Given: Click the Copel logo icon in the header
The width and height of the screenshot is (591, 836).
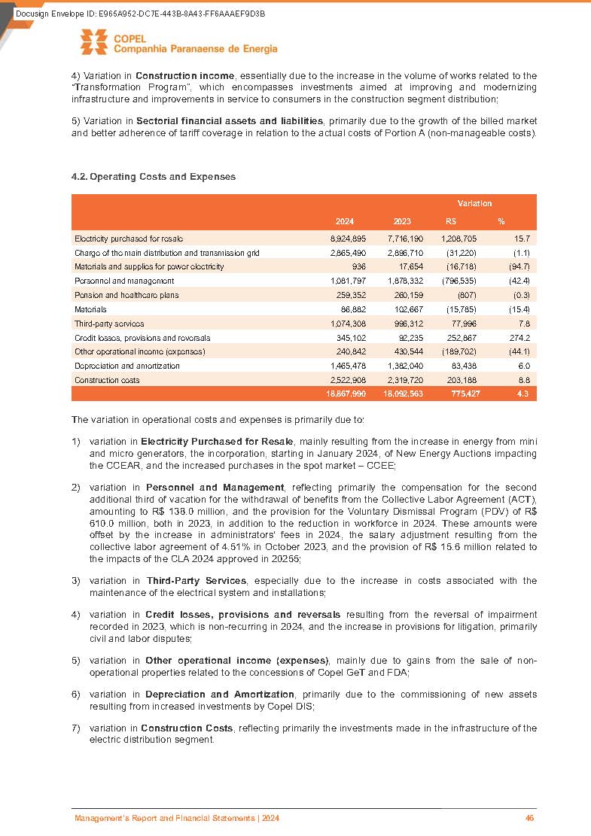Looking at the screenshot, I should [x=95, y=44].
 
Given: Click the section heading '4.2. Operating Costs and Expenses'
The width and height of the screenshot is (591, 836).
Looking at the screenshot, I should [x=153, y=177].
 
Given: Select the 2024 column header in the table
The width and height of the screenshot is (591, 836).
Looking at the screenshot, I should [x=345, y=221].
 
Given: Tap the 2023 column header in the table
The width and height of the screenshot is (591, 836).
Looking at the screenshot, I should [x=402, y=221].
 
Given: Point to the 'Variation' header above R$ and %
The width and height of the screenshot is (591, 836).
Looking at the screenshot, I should [x=474, y=203].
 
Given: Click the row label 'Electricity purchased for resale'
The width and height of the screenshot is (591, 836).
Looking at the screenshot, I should [x=129, y=239].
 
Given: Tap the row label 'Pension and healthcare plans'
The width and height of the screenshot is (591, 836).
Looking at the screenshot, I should [x=126, y=295].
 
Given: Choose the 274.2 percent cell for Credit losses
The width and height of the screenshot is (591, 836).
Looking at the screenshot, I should [x=519, y=338].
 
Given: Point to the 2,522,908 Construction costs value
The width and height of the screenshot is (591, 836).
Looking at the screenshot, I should [x=348, y=380].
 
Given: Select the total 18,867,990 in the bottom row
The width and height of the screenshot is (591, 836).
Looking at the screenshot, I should [x=346, y=394].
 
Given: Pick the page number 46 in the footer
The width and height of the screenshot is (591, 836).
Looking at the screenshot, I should [x=529, y=818].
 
